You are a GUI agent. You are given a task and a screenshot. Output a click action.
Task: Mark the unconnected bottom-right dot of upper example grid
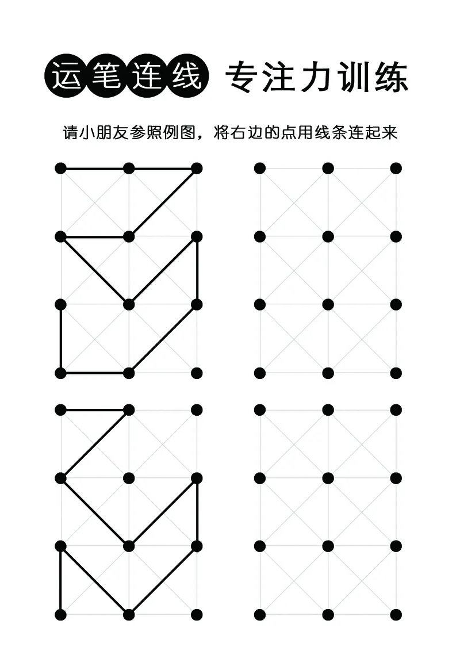pos(197,373)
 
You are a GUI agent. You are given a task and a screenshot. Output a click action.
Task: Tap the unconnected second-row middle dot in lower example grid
pos(129,478)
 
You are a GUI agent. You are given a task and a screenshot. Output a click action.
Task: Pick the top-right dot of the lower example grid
pos(197,409)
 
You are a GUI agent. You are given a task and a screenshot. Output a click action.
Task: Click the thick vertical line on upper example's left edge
pos(61,339)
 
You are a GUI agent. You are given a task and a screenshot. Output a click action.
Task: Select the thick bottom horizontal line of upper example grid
pos(95,373)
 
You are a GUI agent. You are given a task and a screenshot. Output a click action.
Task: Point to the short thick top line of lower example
pos(95,409)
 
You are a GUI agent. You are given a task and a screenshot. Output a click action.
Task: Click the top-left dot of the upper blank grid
pos(260,168)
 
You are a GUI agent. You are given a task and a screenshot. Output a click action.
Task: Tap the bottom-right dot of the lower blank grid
pos(396,614)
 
